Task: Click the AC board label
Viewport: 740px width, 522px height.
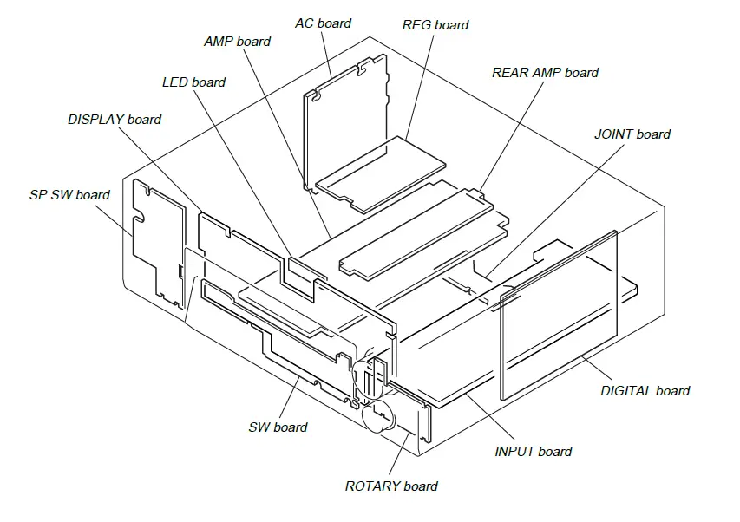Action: click(x=323, y=23)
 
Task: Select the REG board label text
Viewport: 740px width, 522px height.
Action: click(x=435, y=25)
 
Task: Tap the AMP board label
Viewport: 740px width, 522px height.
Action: click(x=237, y=42)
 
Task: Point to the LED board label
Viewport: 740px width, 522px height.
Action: click(x=193, y=82)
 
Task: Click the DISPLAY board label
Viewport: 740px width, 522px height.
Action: click(x=115, y=120)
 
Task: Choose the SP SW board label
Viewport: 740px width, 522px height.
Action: click(x=69, y=195)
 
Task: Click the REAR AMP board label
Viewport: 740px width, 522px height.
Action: click(x=545, y=73)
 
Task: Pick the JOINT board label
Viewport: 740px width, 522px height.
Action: click(x=632, y=134)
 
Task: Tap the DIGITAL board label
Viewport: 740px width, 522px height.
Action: click(x=645, y=391)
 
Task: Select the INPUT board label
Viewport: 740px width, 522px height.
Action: click(x=533, y=452)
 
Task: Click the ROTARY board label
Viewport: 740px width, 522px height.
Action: click(x=391, y=486)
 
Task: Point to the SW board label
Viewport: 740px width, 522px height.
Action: click(x=278, y=427)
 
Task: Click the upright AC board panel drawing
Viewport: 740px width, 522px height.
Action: click(x=343, y=121)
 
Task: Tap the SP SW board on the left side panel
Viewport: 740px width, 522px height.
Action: click(x=159, y=238)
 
